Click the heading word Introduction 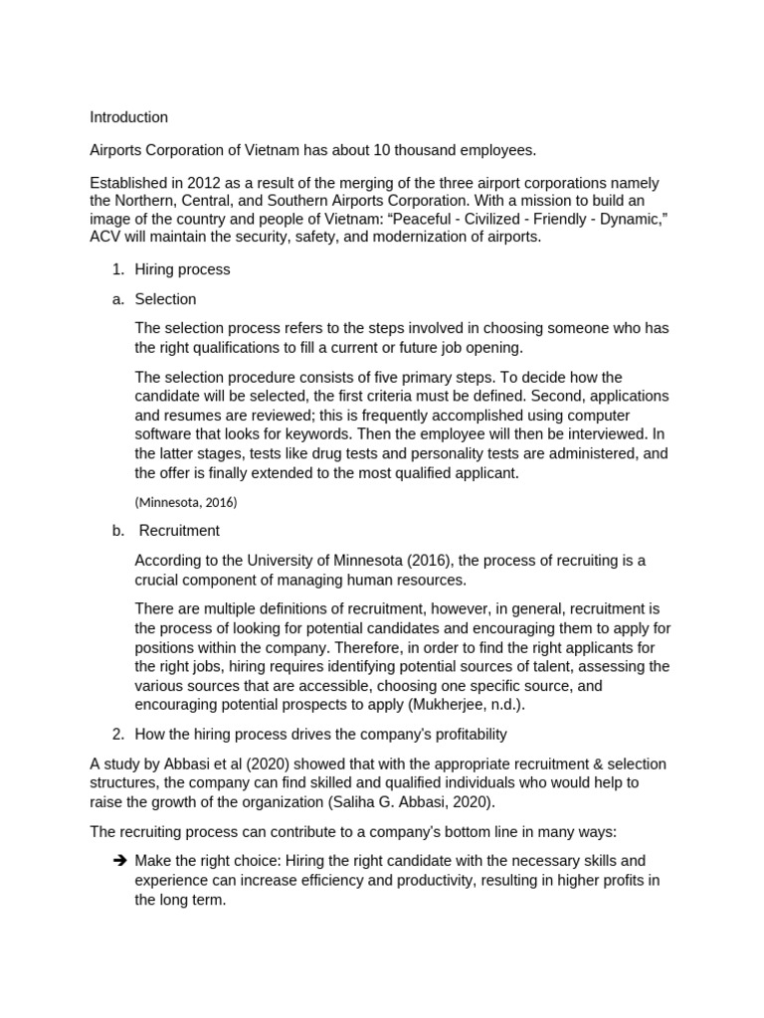click(128, 117)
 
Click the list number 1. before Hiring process click(117, 269)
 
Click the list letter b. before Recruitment click(118, 530)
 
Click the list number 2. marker click(117, 734)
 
